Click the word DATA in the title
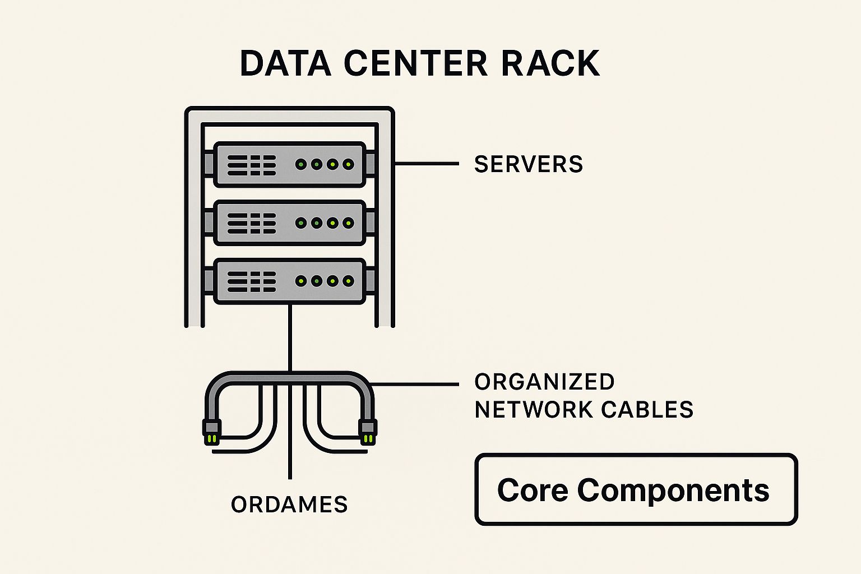coord(285,63)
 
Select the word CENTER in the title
coord(416,63)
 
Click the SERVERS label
coord(528,164)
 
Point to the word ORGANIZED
coord(544,382)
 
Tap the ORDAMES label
coord(289,504)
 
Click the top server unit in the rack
coord(289,164)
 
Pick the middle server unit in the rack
coord(289,223)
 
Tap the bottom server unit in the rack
coord(289,281)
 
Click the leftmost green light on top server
coord(301,164)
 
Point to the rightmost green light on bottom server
coord(348,281)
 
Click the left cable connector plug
coord(211,432)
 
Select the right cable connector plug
coord(368,432)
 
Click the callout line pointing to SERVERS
coord(426,164)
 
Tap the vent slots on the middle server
coord(252,223)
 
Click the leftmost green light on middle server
coord(301,223)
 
